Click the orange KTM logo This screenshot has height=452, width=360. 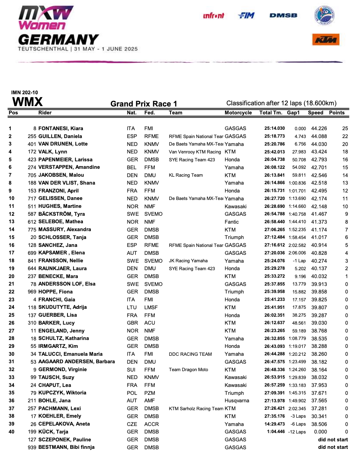click(x=326, y=40)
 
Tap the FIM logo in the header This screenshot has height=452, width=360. click(x=246, y=15)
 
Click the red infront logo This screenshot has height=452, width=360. click(x=214, y=15)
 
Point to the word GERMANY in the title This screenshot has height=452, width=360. click(x=58, y=39)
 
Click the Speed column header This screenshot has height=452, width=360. click(x=315, y=113)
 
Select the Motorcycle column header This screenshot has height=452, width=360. click(x=238, y=113)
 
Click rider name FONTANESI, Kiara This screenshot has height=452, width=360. click(x=61, y=129)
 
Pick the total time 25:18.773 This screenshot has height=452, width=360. click(x=274, y=136)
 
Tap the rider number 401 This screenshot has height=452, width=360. click(x=32, y=144)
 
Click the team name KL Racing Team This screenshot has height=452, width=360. click(x=186, y=175)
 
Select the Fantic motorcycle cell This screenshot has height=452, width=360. click(x=232, y=222)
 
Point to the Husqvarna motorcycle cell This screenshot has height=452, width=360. click(x=237, y=401)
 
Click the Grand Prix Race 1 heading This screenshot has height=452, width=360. click(x=144, y=104)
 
